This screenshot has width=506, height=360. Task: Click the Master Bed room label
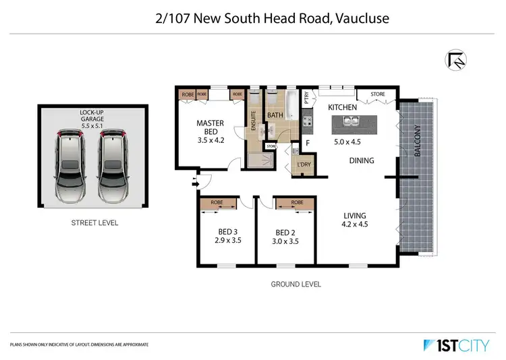point(210,127)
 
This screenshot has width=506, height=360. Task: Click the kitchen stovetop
point(307,122)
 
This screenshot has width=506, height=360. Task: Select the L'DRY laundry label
point(304,165)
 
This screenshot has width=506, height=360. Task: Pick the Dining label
point(362,160)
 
